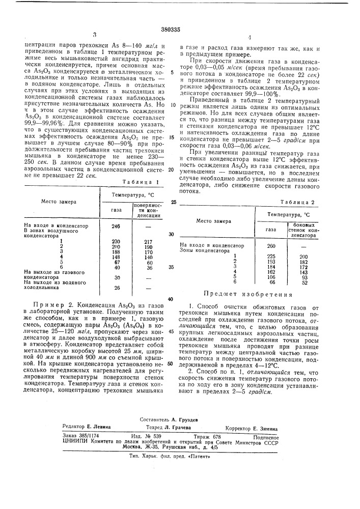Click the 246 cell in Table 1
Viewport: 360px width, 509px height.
coord(116,226)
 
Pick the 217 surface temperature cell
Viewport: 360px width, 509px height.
coord(148,241)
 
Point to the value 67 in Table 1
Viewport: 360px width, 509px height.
coord(116,262)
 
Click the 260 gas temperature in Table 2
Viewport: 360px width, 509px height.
coord(271,245)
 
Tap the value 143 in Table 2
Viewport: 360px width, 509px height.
coord(304,272)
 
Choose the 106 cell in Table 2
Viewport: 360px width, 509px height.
coord(271,277)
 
